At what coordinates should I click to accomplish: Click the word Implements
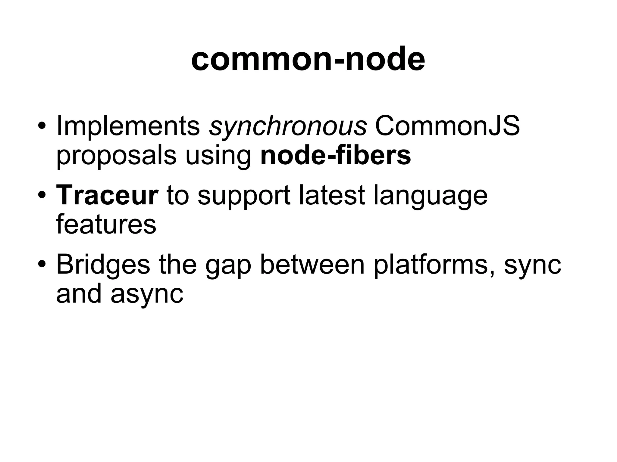coord(128,126)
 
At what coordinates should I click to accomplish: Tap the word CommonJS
coord(447,126)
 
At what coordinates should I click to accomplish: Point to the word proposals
coord(116,157)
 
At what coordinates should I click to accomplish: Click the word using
coord(218,157)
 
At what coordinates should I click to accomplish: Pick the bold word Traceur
coord(107,196)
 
